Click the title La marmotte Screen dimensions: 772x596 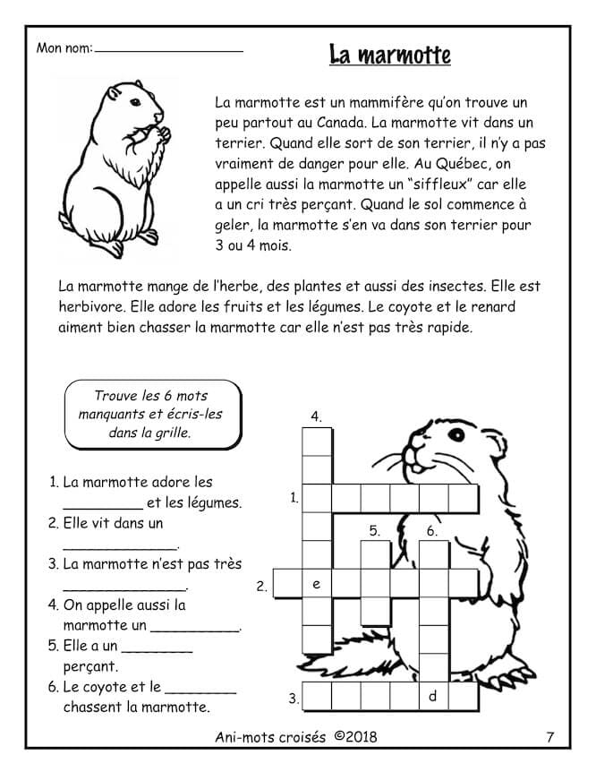click(x=389, y=55)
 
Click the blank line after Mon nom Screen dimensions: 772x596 click(x=168, y=50)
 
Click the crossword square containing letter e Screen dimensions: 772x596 click(x=316, y=584)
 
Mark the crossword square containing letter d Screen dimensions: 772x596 click(x=433, y=696)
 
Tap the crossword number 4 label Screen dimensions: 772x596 click(x=316, y=416)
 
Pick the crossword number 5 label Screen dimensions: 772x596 click(x=374, y=531)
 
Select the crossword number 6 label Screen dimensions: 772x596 click(x=431, y=531)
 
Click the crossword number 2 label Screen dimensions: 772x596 click(x=261, y=587)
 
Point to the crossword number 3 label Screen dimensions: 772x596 click(x=293, y=698)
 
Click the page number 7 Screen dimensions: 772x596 click(x=549, y=737)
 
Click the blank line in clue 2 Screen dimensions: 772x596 click(x=120, y=545)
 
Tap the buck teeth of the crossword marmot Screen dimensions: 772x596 click(x=413, y=466)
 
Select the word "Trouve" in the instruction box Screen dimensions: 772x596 click(x=115, y=395)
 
